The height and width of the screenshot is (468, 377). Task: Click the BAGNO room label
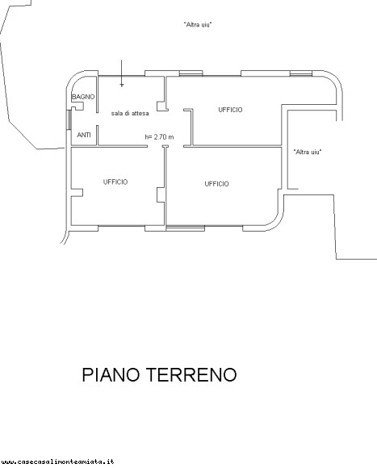(x=83, y=97)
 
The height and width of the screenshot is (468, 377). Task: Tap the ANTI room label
(x=84, y=135)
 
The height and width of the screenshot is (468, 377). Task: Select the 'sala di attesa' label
(x=130, y=114)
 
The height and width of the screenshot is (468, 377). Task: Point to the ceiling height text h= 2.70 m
(x=159, y=137)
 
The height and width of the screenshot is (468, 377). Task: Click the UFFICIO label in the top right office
(x=230, y=110)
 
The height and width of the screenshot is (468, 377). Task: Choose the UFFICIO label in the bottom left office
(x=115, y=182)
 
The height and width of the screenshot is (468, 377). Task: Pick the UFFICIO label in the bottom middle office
(x=216, y=184)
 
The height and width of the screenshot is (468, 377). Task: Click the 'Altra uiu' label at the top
(x=198, y=24)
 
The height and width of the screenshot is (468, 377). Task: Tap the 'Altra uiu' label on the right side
(x=308, y=152)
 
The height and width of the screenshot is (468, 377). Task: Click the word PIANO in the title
(x=111, y=374)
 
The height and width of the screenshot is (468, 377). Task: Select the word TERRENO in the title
(x=191, y=374)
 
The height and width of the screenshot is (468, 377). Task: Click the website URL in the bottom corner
(x=57, y=462)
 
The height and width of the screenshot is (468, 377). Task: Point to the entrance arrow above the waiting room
(x=121, y=73)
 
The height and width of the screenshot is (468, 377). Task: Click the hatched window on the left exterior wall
(x=69, y=119)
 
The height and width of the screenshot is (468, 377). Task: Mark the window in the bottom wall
(x=186, y=228)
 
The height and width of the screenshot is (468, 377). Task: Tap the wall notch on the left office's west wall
(x=77, y=193)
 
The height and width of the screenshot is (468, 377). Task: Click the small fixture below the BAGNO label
(x=77, y=107)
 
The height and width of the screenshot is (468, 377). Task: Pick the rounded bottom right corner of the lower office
(x=274, y=223)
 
